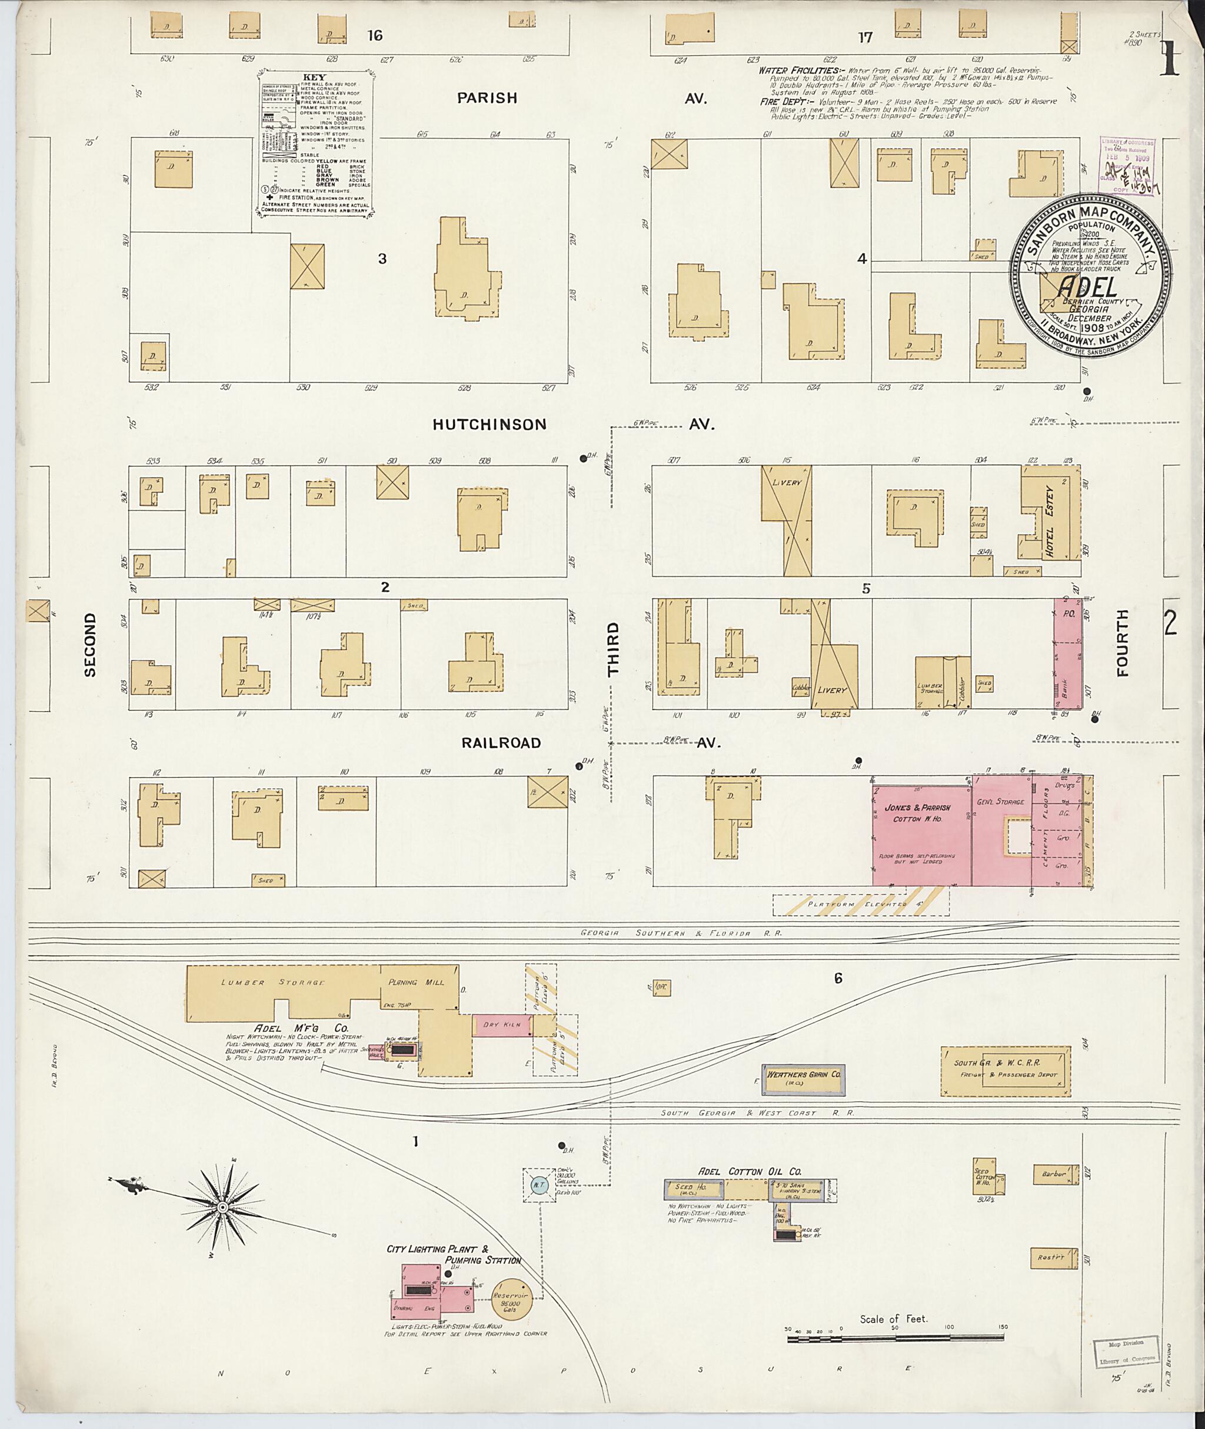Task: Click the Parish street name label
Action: (x=487, y=98)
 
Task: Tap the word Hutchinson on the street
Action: (x=489, y=425)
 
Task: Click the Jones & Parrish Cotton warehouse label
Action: (x=921, y=813)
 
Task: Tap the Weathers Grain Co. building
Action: (x=803, y=1074)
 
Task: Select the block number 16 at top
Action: (x=374, y=35)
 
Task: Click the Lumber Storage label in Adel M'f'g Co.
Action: (x=272, y=982)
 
